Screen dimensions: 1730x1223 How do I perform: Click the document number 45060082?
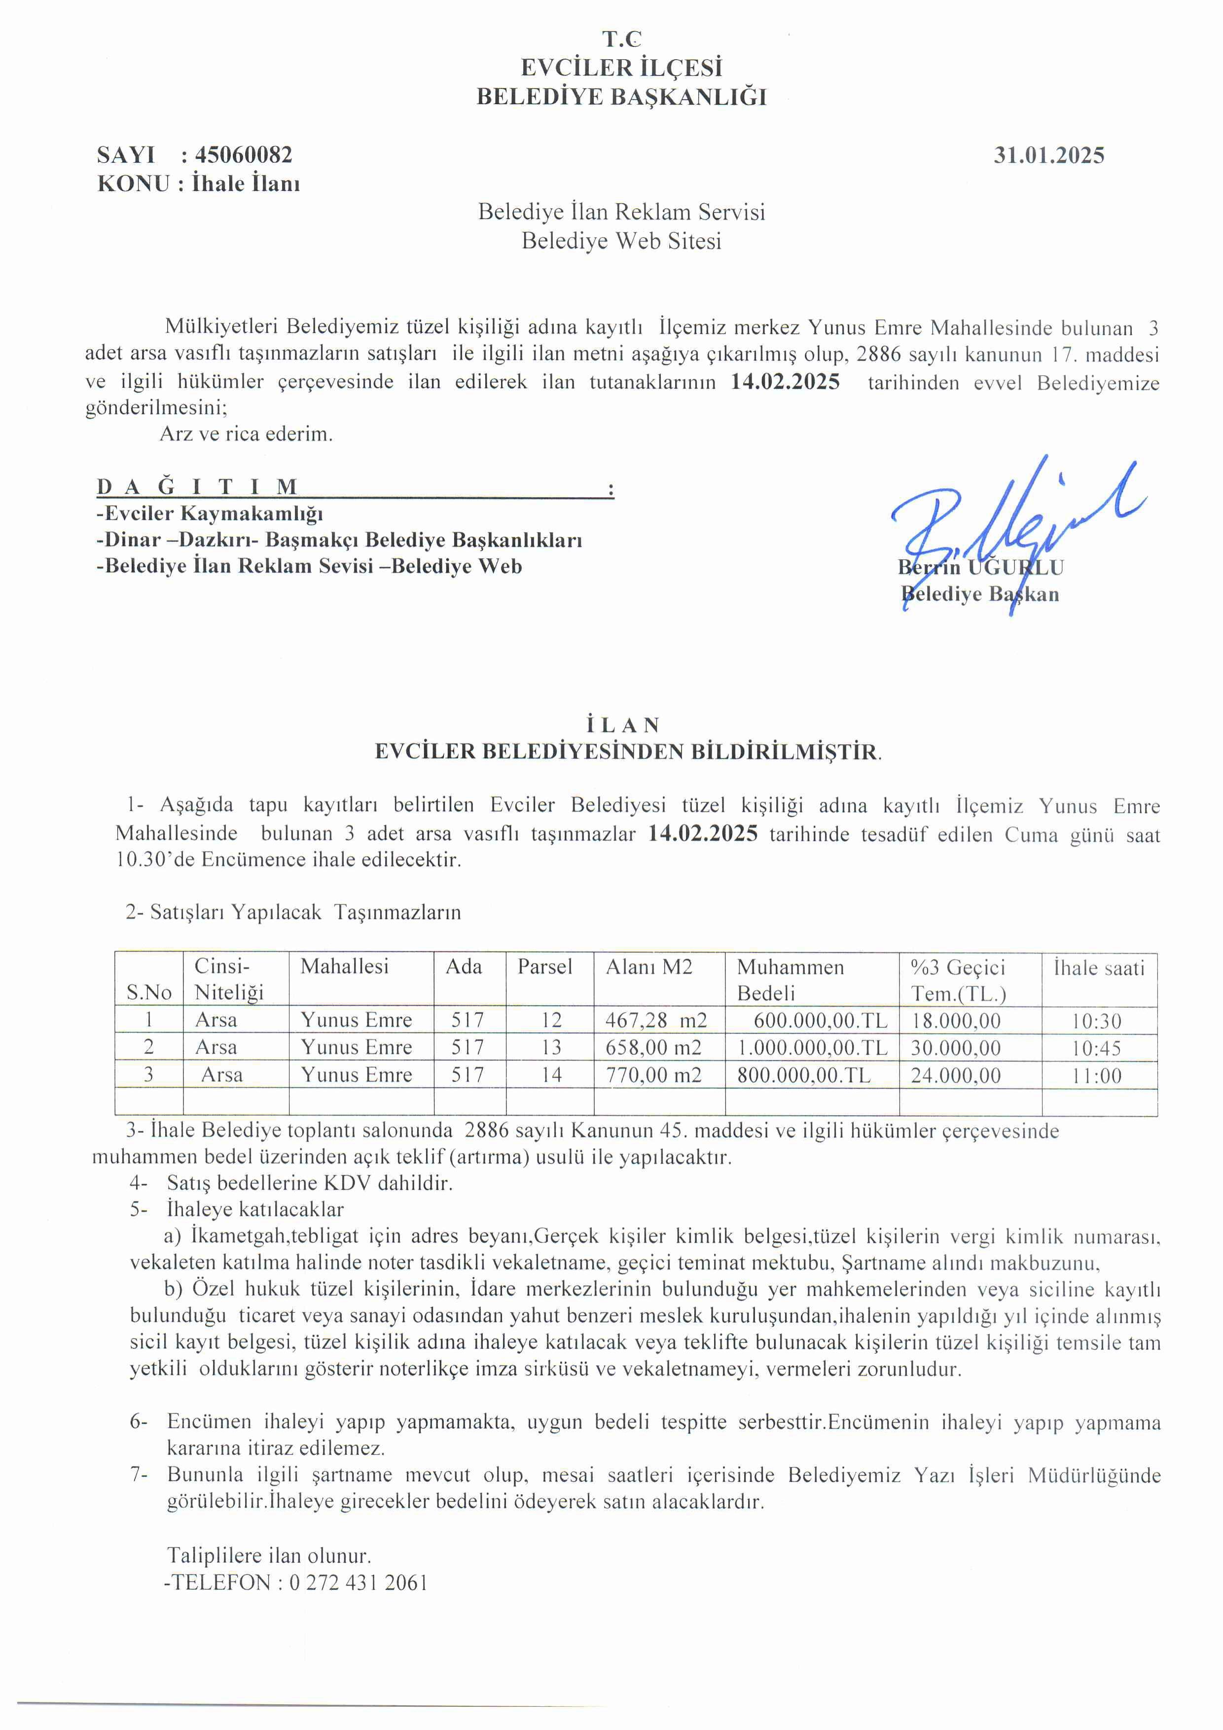pos(244,155)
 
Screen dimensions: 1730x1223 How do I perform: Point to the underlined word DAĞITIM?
pos(197,487)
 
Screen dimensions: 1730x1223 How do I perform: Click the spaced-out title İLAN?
pos(622,725)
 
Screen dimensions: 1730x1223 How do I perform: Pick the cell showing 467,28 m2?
pos(655,1020)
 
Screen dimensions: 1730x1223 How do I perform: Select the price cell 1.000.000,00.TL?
pos(812,1047)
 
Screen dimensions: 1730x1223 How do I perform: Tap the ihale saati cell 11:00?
pos(1097,1075)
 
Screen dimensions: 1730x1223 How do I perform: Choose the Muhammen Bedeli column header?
pos(790,979)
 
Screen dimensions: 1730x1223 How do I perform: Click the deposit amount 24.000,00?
pos(956,1075)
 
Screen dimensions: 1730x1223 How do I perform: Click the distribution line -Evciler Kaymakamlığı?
pos(210,514)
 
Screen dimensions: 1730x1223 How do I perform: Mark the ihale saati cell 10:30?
pos(1097,1021)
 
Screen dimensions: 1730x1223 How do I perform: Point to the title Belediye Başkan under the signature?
pos(979,594)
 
